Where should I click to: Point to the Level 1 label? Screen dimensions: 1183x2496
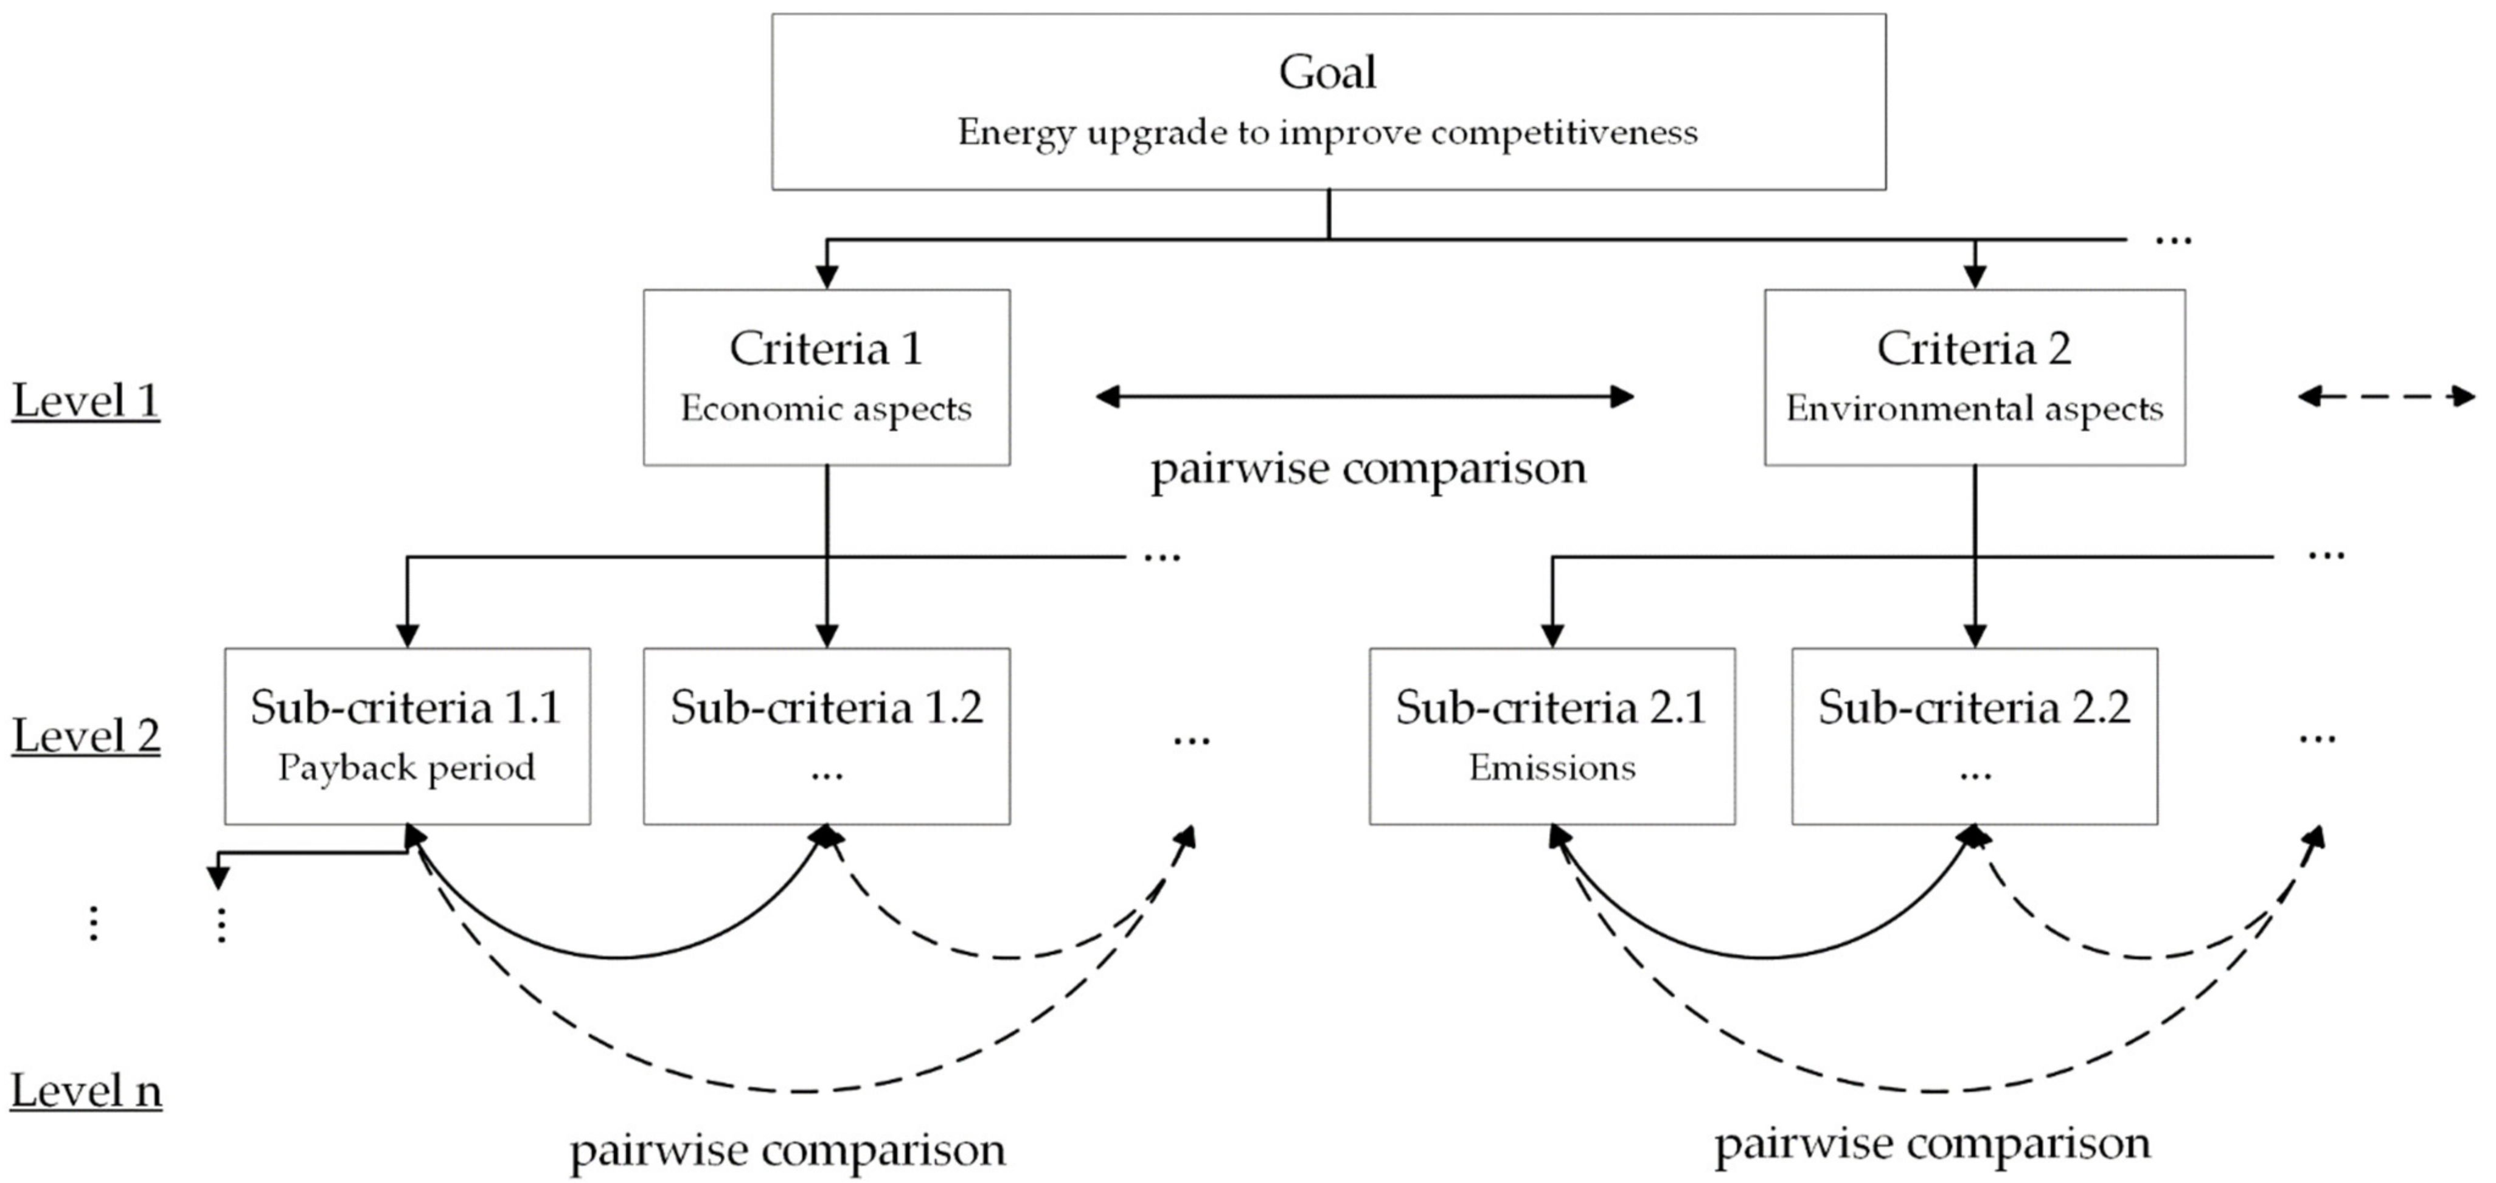85,401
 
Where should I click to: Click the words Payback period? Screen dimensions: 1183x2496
407,768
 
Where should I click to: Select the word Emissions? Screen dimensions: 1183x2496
1551,768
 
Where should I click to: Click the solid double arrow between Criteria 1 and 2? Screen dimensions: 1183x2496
1364,397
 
